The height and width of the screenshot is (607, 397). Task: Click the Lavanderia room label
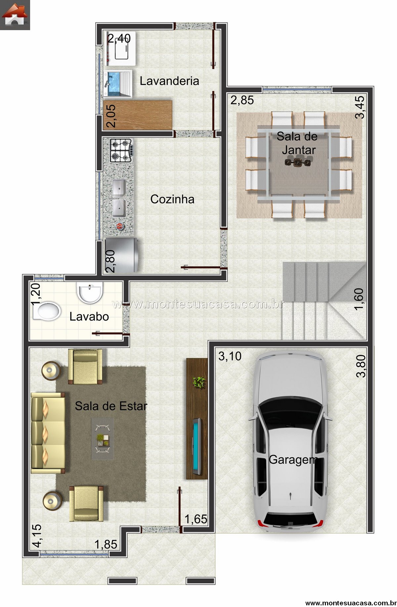(169, 81)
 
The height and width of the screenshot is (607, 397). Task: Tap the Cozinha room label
(172, 199)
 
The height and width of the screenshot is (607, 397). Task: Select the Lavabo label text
(89, 316)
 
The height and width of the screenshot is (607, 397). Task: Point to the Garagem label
(293, 460)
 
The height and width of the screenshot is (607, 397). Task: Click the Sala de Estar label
(111, 406)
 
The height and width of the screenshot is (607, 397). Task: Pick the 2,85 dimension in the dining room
(242, 100)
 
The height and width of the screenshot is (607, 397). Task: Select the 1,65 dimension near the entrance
(196, 519)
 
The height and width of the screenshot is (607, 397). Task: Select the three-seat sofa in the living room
(48, 433)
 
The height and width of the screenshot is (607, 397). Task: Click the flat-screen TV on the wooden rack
(197, 445)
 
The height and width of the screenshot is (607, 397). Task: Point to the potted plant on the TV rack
(199, 382)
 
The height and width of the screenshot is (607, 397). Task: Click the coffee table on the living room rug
(103, 438)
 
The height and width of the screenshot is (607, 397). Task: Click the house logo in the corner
(15, 15)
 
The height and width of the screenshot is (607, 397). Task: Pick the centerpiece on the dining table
(298, 162)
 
